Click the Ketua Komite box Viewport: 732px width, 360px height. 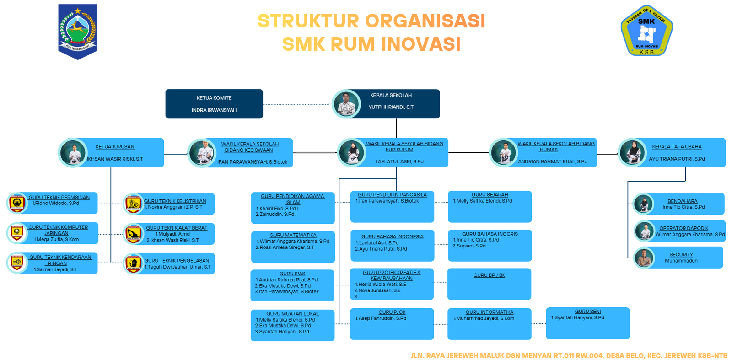[214, 104]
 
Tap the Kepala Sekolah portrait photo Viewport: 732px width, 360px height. [346, 104]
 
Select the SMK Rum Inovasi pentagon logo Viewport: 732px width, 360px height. [646, 31]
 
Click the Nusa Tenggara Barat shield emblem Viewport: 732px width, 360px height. [78, 31]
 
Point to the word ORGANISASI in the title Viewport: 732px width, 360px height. [425, 21]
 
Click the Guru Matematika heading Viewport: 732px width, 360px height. [293, 235]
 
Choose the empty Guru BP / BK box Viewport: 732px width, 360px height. [489, 285]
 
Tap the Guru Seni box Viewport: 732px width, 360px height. [587, 323]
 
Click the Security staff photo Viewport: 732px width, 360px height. [644, 258]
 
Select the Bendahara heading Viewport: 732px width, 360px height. [682, 201]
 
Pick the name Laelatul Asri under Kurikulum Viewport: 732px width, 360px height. [399, 161]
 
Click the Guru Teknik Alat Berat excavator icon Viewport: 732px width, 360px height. [134, 234]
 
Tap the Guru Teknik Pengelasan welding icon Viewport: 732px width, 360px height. [134, 264]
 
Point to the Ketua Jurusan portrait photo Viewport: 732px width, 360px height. [73, 152]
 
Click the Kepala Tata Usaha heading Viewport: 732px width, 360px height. [677, 147]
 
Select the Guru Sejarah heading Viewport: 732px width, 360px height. [490, 195]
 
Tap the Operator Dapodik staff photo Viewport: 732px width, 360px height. [645, 231]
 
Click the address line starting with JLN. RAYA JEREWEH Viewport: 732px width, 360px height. [569, 355]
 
